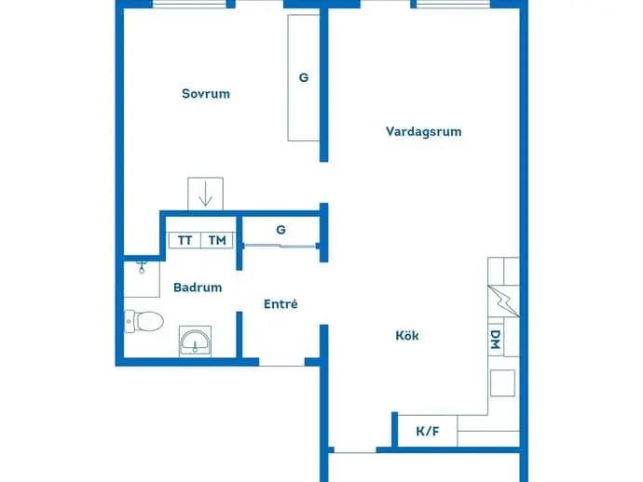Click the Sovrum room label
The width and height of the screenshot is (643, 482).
206,94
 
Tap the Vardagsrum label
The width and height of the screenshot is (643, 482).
424,131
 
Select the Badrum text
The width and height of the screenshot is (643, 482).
198,288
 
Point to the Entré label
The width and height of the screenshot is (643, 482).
280,304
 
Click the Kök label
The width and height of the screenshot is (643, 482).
407,335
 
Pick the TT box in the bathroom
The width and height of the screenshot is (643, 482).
185,240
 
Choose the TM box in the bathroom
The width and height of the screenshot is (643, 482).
217,240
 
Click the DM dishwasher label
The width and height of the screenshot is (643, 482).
496,340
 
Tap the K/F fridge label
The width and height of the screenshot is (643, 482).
428,431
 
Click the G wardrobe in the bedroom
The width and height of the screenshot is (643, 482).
304,78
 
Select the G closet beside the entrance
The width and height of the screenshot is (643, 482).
280,230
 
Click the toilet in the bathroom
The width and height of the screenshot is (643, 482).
144,321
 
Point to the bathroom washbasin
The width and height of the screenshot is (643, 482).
195,341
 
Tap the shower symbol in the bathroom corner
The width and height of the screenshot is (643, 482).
142,267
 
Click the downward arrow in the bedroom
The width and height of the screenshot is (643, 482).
205,195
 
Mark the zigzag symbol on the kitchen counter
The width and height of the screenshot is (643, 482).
504,301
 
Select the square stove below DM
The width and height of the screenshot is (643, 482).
503,382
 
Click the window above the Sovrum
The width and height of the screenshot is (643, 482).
189,5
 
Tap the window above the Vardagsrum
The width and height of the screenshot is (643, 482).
453,5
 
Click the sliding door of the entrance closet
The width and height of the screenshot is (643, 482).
280,246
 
